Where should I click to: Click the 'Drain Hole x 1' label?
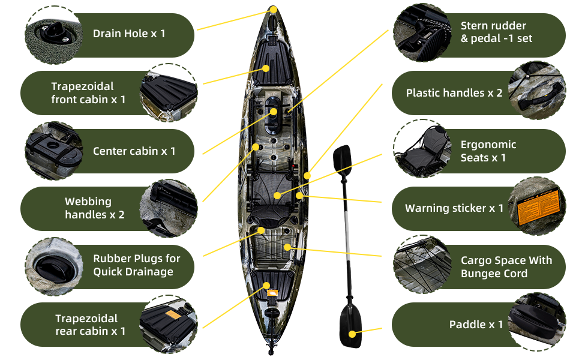[x=129, y=34]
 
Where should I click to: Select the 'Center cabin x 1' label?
[x=134, y=151]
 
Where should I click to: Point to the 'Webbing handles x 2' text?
[x=94, y=208]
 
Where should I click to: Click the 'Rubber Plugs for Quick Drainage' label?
[x=136, y=265]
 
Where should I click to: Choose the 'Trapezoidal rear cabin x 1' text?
[x=90, y=324]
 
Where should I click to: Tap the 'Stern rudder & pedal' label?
[x=496, y=32]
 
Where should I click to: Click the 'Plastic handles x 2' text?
[x=454, y=93]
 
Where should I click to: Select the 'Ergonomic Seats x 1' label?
[x=488, y=151]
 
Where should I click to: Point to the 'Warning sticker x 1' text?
[x=454, y=208]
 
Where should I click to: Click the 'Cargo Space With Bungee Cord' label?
[x=506, y=267]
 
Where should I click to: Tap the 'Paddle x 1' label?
[x=476, y=325]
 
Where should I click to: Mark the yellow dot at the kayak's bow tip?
[x=273, y=10]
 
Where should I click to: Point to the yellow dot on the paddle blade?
[x=352, y=333]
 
